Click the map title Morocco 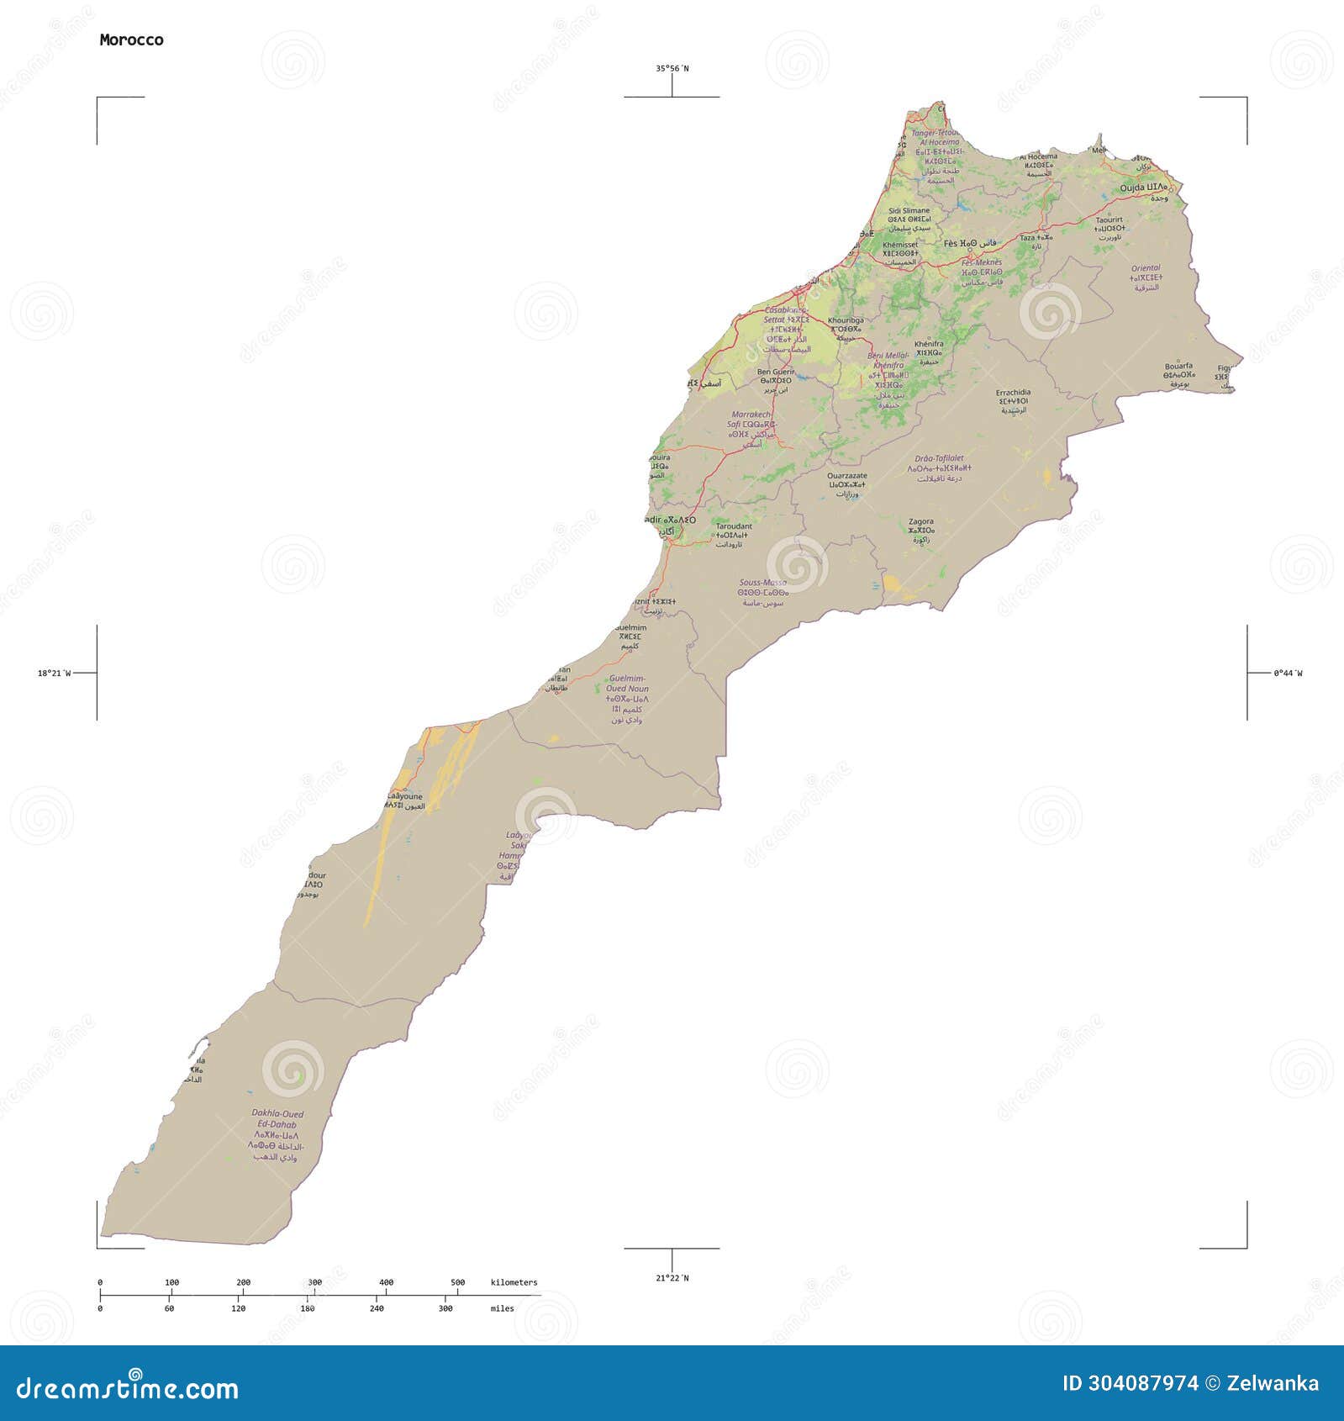131,40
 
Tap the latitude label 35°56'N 672,69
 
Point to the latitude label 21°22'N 672,1278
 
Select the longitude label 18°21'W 54,673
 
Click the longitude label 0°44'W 1288,673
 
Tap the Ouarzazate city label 846,476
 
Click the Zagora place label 920,521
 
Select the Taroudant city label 733,526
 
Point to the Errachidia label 1013,393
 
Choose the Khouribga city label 845,320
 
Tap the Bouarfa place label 1178,367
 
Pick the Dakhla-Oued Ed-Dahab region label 277,1119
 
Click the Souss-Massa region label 762,583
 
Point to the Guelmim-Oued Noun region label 628,683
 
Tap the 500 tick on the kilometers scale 457,1282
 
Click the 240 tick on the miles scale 377,1308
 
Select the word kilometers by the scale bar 514,1282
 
